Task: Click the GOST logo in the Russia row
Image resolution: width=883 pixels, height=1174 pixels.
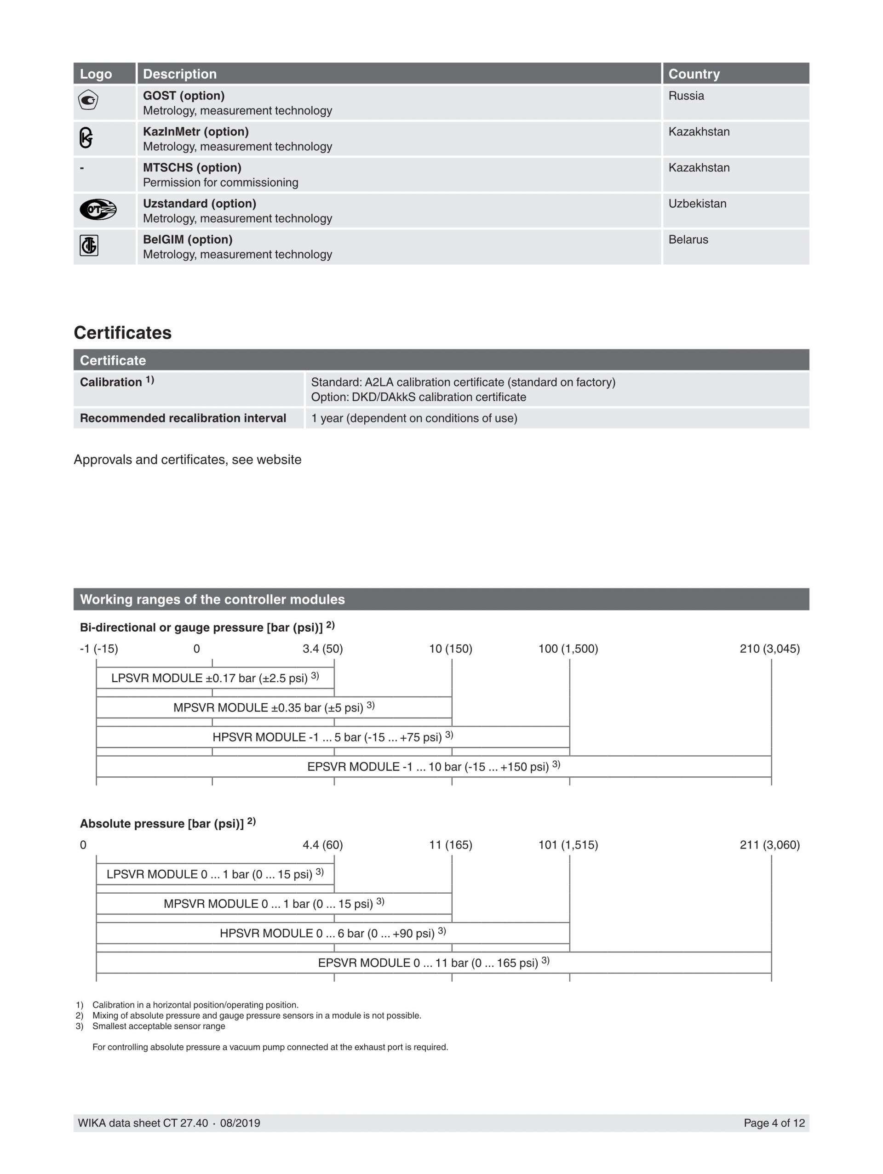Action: [x=88, y=100]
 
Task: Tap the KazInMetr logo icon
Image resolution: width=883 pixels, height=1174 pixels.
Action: [x=86, y=137]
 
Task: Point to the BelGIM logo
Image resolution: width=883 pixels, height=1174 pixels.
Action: [x=89, y=245]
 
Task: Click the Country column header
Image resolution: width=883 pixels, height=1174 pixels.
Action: [x=694, y=74]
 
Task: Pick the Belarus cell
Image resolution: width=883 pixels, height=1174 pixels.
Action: [x=688, y=239]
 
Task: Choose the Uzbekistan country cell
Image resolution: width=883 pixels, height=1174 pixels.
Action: [x=697, y=203]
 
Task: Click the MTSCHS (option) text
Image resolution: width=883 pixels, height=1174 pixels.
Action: [x=192, y=167]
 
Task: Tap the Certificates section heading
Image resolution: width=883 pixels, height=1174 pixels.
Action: [x=123, y=333]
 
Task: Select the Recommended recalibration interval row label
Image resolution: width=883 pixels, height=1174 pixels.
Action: [x=183, y=418]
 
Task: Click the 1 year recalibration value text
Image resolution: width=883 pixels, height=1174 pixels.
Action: [x=413, y=418]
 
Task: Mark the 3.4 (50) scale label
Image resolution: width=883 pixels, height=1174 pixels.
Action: [x=322, y=649]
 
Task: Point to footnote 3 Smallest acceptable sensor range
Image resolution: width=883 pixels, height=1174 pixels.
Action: [x=158, y=1026]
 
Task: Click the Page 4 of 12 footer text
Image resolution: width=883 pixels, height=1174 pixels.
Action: [x=774, y=1123]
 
